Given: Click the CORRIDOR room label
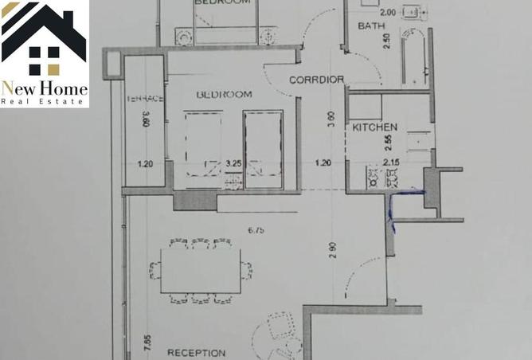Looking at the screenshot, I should (316, 80).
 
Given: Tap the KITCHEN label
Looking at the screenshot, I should (374, 127).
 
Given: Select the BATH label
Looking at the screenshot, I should (370, 26).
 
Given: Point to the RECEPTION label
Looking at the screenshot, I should (196, 353).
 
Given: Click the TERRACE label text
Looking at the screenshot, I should (145, 99).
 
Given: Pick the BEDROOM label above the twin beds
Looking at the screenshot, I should (224, 95).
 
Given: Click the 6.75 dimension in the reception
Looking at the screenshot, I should (255, 231).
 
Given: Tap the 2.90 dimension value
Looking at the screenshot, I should (332, 251).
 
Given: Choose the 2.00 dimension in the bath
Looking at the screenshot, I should (387, 13).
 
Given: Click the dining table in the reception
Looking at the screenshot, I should (200, 271).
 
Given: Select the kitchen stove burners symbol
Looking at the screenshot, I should (374, 180).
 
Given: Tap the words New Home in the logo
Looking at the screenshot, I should (44, 88).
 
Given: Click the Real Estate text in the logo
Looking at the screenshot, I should (44, 101).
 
